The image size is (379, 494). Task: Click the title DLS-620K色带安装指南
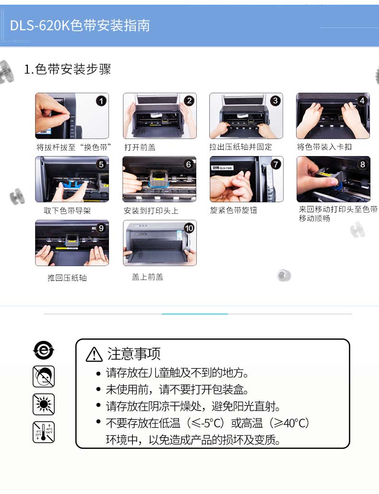click(x=80, y=25)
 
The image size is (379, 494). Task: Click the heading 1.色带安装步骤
click(x=67, y=69)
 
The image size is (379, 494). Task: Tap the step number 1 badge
click(x=101, y=101)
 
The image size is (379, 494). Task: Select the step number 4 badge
click(x=362, y=100)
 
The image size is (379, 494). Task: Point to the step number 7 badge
click(x=276, y=164)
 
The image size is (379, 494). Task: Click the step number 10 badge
click(x=189, y=228)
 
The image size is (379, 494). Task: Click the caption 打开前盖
click(x=140, y=147)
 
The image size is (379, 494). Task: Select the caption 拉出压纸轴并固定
click(x=240, y=147)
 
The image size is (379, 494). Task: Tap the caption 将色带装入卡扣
click(x=324, y=147)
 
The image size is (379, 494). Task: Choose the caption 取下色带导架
click(x=67, y=210)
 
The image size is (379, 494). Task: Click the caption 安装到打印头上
click(x=151, y=210)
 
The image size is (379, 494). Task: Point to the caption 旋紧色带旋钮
click(x=234, y=210)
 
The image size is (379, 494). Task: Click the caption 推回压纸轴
click(x=67, y=277)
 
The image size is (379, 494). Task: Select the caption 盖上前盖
click(x=147, y=277)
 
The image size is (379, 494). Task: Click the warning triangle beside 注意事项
click(x=94, y=354)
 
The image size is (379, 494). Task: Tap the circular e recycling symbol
click(x=44, y=350)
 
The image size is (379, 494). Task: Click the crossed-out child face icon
click(x=44, y=376)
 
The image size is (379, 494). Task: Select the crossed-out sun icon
click(x=44, y=404)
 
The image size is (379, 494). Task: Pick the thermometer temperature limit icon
click(x=44, y=432)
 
